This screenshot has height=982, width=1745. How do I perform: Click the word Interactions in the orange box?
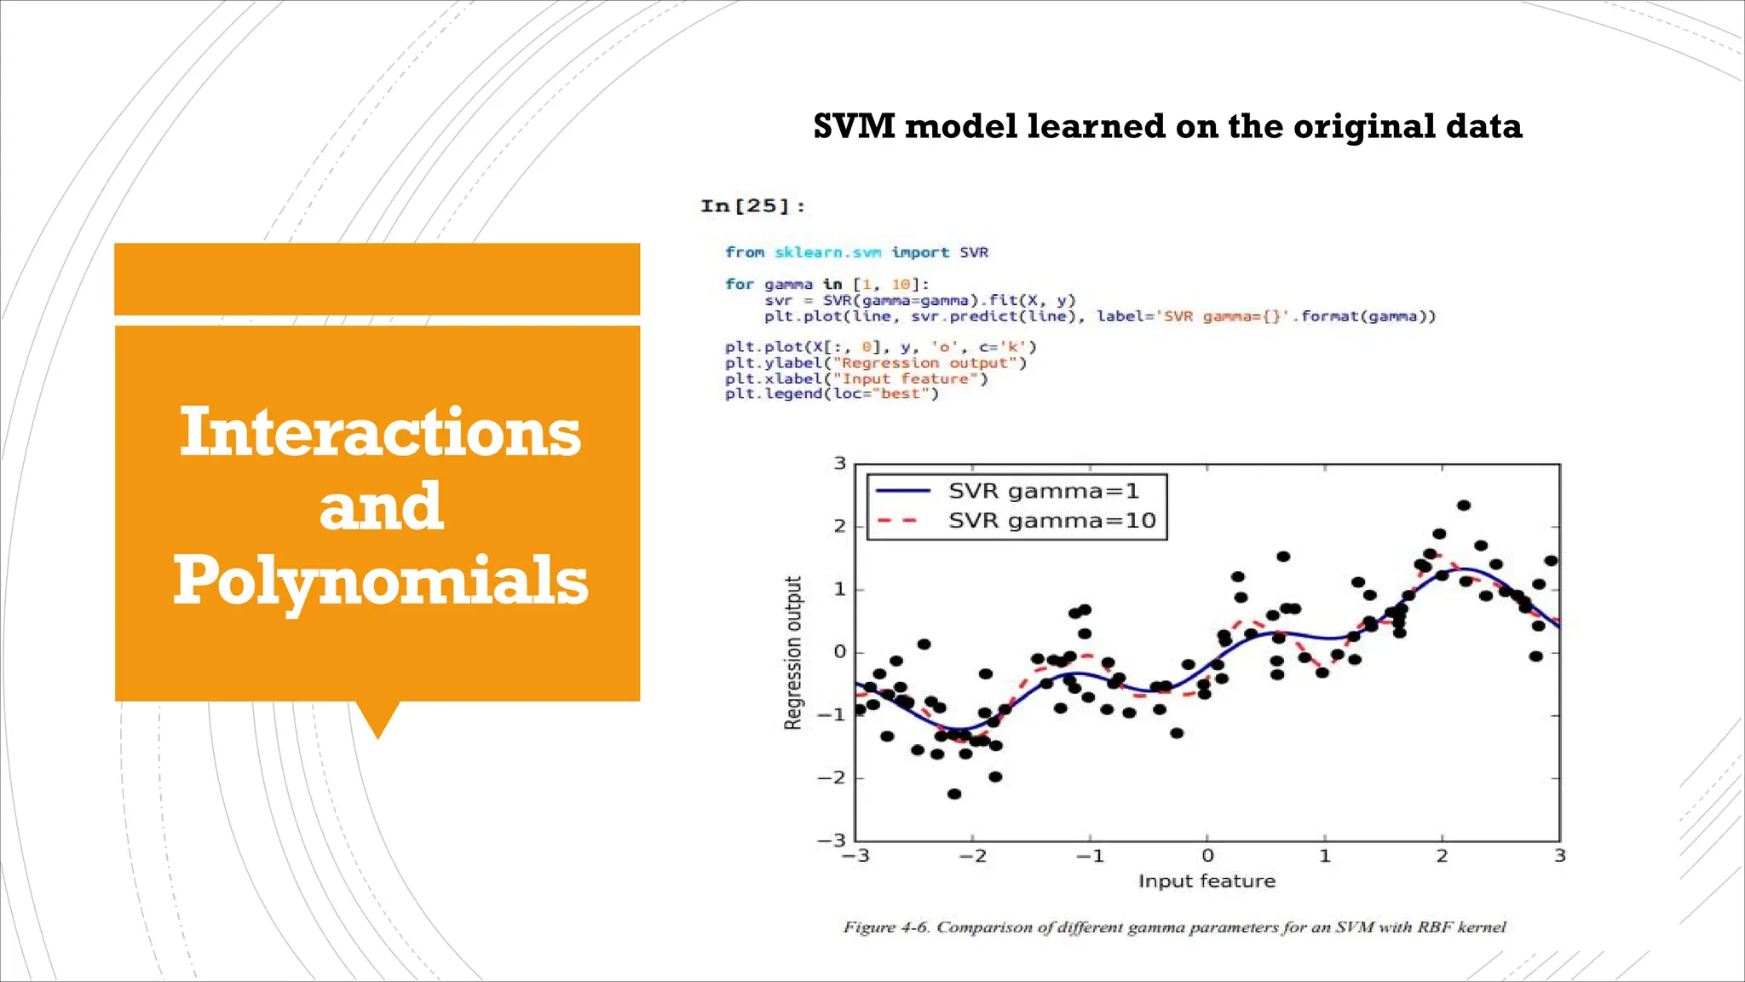(380, 432)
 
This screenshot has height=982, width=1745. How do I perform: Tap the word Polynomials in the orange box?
(380, 581)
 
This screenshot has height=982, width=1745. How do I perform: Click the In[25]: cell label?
(752, 206)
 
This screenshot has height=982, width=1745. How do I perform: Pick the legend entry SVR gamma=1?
(1043, 491)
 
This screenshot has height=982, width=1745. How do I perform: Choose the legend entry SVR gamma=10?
(1051, 521)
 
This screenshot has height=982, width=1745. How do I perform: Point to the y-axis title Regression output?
(793, 653)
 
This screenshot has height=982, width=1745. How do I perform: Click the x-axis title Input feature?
(1207, 881)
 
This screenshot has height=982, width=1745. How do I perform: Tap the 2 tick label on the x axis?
(1442, 856)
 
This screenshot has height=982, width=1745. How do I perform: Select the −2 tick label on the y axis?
(831, 777)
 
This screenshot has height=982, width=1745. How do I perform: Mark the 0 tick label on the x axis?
(1207, 856)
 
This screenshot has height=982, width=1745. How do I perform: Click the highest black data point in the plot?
(1464, 505)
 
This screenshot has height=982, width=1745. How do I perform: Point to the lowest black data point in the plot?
(954, 794)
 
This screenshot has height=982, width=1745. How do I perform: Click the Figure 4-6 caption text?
(1174, 927)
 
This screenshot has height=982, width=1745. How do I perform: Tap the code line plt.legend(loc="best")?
(832, 394)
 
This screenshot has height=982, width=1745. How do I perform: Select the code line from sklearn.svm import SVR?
(856, 252)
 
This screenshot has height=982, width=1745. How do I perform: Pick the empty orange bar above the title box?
(377, 279)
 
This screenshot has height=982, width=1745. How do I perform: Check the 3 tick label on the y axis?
(839, 464)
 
